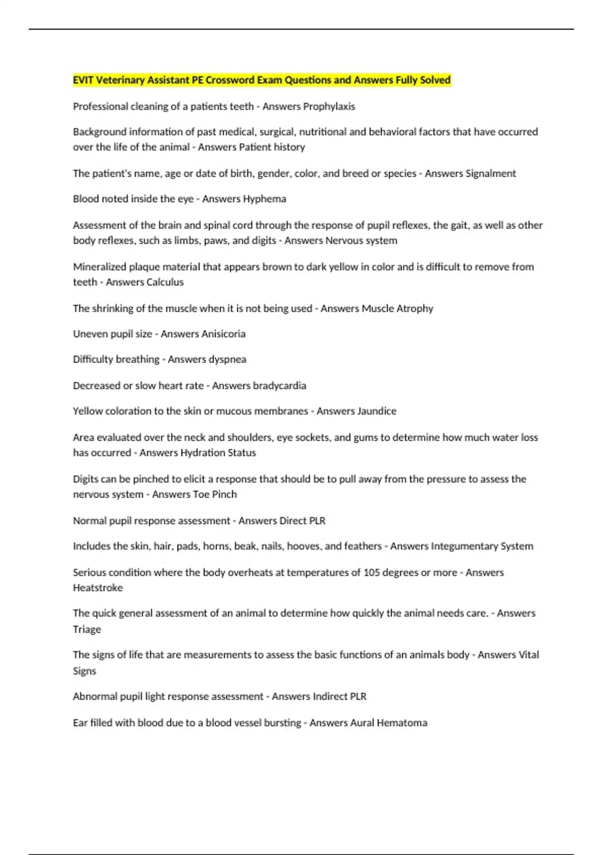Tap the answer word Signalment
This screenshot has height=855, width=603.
pyautogui.click(x=490, y=174)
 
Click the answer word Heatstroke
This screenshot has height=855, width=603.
pyautogui.click(x=97, y=588)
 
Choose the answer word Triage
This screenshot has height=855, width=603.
pyautogui.click(x=87, y=630)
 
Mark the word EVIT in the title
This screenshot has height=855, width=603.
pyautogui.click(x=83, y=80)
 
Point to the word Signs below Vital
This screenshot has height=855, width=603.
pyautogui.click(x=84, y=671)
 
